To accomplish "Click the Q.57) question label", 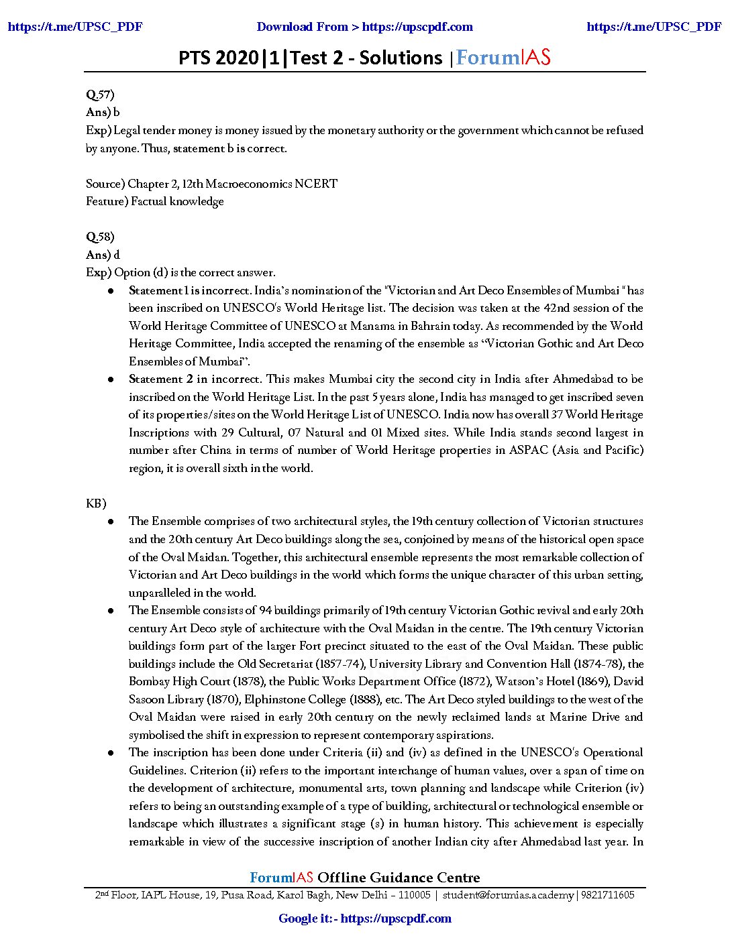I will (x=100, y=95).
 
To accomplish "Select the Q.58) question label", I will (x=100, y=237).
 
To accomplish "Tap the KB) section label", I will (x=96, y=504).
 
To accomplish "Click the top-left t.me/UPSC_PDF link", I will (x=75, y=27).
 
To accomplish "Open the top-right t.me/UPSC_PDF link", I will (x=654, y=27).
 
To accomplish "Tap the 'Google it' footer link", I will (x=364, y=919).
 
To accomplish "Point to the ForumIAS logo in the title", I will (x=503, y=58).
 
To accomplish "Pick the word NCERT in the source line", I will (x=315, y=184).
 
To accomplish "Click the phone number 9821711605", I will (x=607, y=895).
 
